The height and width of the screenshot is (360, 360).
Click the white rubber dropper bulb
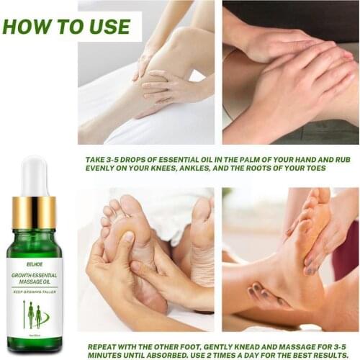pyautogui.click(x=33, y=176)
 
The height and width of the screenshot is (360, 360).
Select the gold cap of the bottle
pyautogui.click(x=33, y=212)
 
